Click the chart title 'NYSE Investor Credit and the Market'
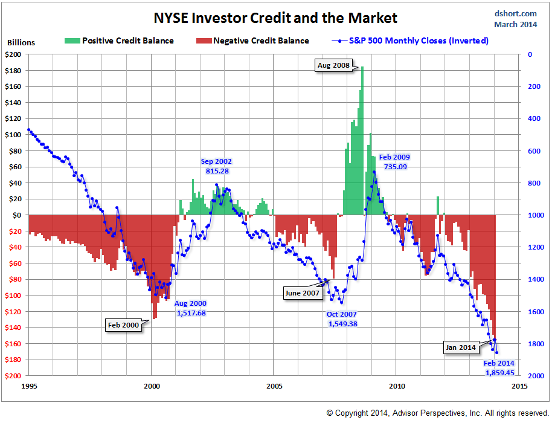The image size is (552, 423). click(x=275, y=18)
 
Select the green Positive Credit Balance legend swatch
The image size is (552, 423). click(x=71, y=41)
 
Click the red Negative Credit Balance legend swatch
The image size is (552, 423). click(x=203, y=41)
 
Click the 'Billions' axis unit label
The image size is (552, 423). click(x=21, y=43)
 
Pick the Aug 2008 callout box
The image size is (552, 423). click(x=333, y=65)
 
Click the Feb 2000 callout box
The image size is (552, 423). click(x=123, y=325)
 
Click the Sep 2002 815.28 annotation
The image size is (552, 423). click(x=216, y=166)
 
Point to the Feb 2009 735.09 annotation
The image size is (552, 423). click(x=394, y=161)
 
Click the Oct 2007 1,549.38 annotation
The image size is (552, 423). click(x=342, y=319)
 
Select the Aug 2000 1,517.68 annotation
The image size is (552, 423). click(x=190, y=308)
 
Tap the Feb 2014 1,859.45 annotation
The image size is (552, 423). click(x=499, y=368)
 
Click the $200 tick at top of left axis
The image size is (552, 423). click(x=14, y=54)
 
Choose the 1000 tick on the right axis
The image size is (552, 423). click(x=534, y=215)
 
